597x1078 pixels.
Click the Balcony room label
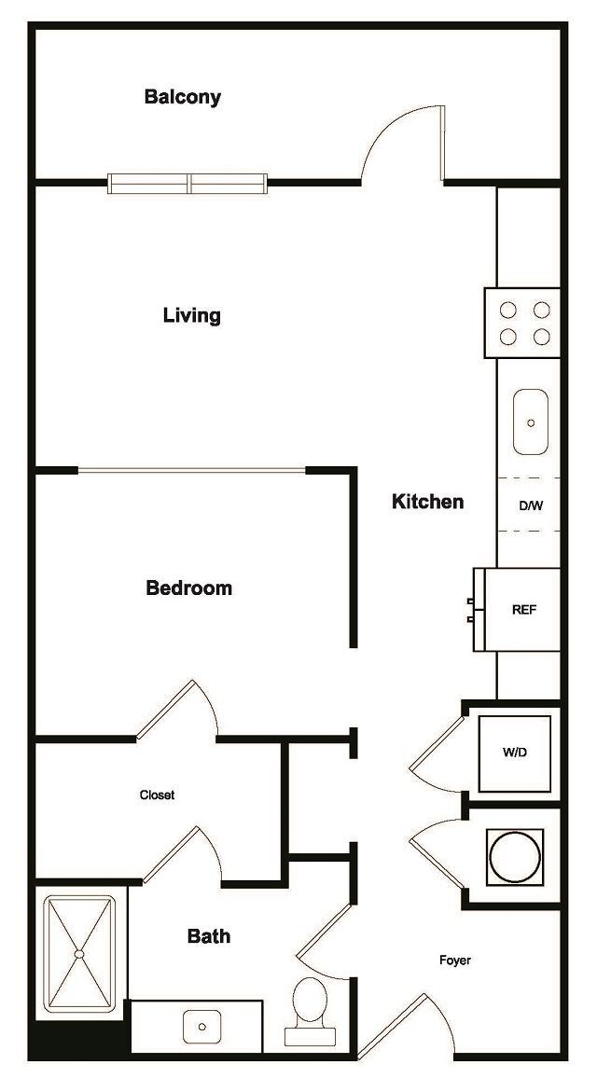tap(183, 97)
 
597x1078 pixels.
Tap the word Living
tap(192, 315)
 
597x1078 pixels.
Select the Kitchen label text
tap(427, 502)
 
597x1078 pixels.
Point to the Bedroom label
tap(189, 588)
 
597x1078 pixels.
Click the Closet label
tap(157, 795)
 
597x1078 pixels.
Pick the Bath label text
tap(209, 936)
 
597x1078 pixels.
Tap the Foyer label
tap(455, 961)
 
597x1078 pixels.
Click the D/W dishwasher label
tap(531, 506)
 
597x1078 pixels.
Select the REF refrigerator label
tap(524, 610)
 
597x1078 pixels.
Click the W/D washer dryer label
tap(514, 752)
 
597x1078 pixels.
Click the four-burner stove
tap(522, 323)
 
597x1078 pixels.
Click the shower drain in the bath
tap(80, 955)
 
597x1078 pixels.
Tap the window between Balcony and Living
tap(188, 183)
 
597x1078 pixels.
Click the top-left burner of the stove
tap(508, 310)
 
